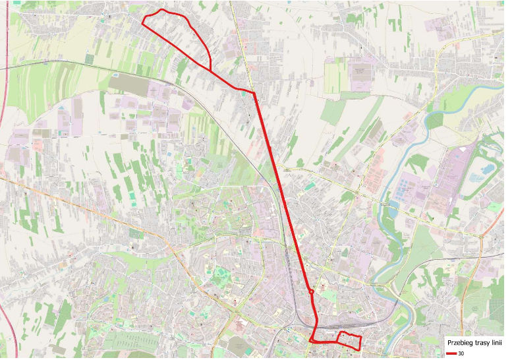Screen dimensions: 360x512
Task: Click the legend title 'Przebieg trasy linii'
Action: point(474,344)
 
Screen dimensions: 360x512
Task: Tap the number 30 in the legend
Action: point(461,354)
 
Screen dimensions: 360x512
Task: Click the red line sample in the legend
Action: point(451,354)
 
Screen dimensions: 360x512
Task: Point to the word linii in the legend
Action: point(496,344)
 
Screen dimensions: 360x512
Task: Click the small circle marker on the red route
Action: point(310,291)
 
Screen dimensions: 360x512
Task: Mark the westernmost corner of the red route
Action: point(143,22)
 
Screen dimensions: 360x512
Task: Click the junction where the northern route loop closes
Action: point(210,70)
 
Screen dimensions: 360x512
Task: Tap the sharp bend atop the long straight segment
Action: point(254,93)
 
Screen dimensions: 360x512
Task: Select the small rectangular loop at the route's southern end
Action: point(350,340)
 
